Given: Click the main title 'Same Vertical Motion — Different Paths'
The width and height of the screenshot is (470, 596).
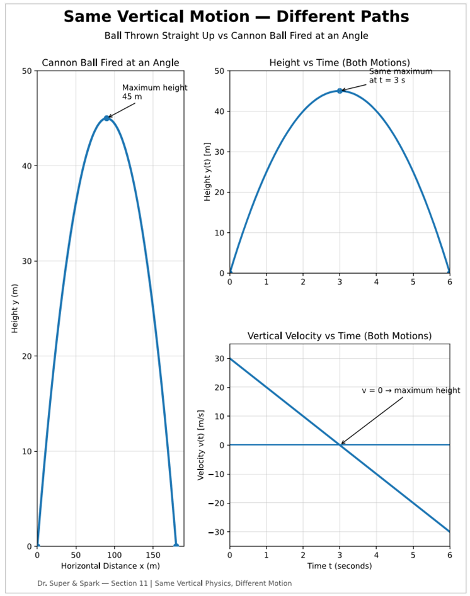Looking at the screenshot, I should [x=236, y=17].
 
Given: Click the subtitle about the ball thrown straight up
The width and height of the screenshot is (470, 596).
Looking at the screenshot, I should [x=236, y=36].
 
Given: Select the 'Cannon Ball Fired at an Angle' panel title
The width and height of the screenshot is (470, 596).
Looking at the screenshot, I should [x=110, y=62].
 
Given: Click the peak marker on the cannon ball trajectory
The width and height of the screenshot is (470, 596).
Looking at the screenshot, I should [x=106, y=118].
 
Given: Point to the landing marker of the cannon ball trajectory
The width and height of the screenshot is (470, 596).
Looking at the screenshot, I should [x=176, y=546].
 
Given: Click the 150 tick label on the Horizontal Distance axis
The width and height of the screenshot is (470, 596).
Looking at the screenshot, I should [x=152, y=556].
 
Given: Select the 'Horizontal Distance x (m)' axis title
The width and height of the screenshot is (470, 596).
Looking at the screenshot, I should [x=110, y=566].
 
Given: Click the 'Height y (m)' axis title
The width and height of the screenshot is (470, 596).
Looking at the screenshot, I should [x=15, y=308].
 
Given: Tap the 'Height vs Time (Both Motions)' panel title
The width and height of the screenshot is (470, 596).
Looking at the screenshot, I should [x=340, y=62].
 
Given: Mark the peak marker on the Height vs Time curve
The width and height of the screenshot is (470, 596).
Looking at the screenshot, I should [x=340, y=91].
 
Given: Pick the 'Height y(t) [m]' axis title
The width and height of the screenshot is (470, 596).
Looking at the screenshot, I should [x=207, y=172].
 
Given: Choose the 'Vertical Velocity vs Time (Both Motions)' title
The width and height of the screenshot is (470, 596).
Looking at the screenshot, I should [x=340, y=336].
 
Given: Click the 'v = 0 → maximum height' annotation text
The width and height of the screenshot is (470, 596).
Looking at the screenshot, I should [x=411, y=390].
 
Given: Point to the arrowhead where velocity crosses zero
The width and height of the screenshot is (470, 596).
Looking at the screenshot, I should [x=341, y=444].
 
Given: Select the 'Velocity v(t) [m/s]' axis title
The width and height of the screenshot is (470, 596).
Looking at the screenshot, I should [x=201, y=445].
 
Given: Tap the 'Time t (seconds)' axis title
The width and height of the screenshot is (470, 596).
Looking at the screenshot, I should [x=340, y=566].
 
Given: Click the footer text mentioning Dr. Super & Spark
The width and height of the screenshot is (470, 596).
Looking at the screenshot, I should [x=164, y=583].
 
